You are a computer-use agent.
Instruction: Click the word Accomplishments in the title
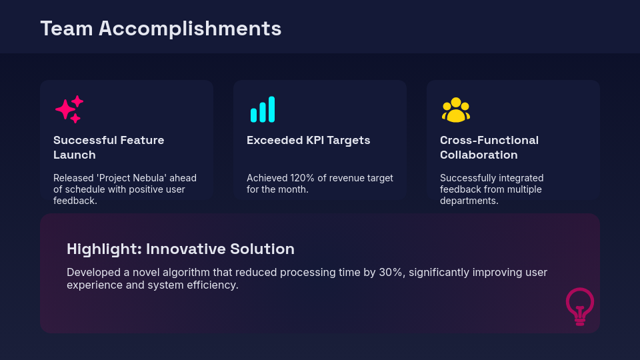190,29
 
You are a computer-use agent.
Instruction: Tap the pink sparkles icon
69,109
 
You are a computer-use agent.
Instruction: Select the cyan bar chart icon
262,110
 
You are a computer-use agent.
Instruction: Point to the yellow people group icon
456,110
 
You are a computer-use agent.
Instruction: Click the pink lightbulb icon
580,306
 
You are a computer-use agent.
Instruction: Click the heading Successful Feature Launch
109,147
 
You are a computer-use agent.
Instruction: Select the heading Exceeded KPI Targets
308,140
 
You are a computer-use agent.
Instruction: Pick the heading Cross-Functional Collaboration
489,147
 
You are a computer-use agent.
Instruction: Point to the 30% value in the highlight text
387,273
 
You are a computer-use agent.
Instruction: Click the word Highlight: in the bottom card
104,249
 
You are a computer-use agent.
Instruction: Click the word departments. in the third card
469,201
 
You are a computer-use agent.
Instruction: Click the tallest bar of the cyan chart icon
271,109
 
